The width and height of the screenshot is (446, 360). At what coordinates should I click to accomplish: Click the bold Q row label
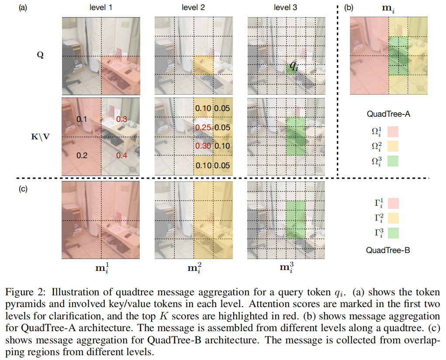(x=40, y=56)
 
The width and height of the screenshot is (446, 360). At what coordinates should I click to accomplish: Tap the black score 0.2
(x=82, y=155)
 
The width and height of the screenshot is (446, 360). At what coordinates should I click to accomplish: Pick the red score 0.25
(x=203, y=127)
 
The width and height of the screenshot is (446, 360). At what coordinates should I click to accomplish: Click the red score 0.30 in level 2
(x=203, y=146)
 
